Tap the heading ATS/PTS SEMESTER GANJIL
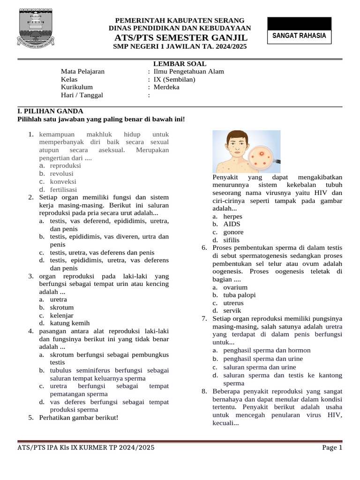coord(180,37)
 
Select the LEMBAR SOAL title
coord(180,64)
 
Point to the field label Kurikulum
coord(77,87)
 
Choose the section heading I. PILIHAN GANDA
coord(50,111)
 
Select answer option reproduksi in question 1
coord(66,166)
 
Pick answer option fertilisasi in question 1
coord(64,190)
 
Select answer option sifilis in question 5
coord(231,240)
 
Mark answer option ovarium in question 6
coord(235,287)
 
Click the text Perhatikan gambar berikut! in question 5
coord(79,418)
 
